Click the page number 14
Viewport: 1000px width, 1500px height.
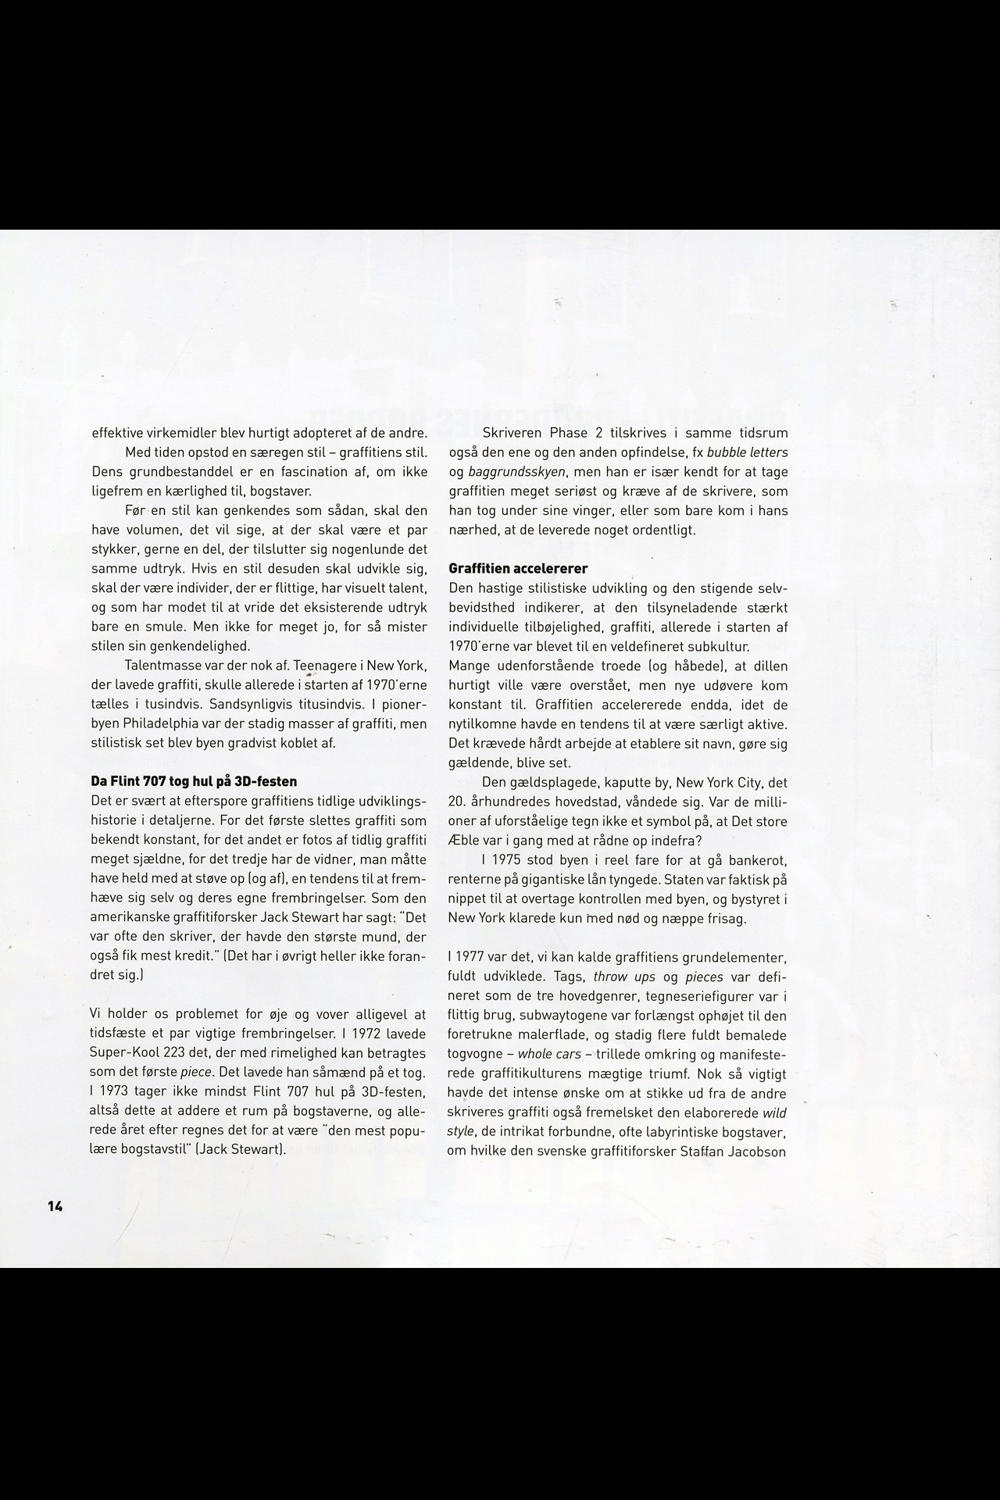pos(55,1205)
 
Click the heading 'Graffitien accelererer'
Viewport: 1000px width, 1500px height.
pos(518,568)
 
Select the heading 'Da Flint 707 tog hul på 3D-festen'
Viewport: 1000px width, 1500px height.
pos(194,781)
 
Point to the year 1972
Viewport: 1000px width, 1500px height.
pos(370,1034)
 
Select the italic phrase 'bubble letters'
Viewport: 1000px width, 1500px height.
pos(747,452)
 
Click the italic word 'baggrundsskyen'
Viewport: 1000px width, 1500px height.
pos(516,472)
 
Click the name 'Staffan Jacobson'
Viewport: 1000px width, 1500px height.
pos(737,1152)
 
